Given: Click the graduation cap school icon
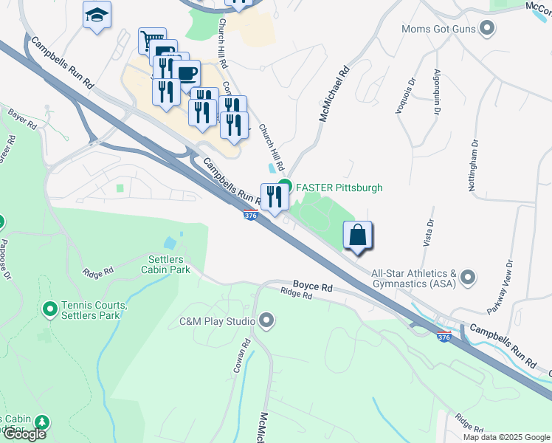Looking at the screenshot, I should (97, 16).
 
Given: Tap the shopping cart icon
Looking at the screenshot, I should (151, 40).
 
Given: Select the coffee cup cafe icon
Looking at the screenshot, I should (187, 73).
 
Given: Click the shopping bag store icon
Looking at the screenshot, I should (358, 236).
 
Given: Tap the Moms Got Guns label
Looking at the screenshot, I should (440, 30).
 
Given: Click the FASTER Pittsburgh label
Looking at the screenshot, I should (339, 188).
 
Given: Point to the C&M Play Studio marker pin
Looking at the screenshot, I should (267, 321).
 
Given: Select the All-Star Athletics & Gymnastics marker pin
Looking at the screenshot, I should (468, 278).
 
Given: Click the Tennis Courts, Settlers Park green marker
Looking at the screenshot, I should (50, 309).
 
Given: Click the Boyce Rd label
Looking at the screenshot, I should (312, 285).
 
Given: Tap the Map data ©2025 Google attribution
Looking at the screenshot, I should (506, 437).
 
